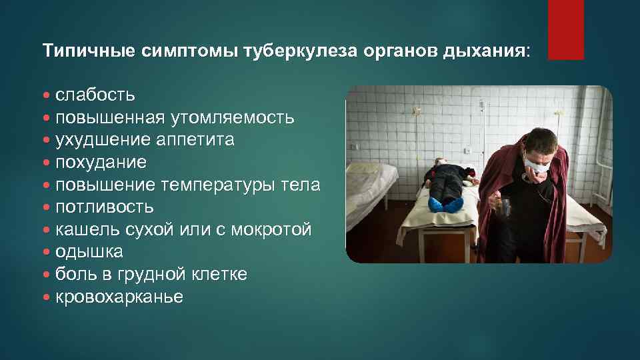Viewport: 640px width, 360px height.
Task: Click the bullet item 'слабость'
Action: pyautogui.click(x=95, y=95)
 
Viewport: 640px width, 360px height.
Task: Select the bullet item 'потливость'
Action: pyautogui.click(x=105, y=207)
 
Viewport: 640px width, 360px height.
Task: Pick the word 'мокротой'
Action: pyautogui.click(x=271, y=230)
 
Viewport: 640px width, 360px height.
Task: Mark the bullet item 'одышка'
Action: pyautogui.click(x=89, y=252)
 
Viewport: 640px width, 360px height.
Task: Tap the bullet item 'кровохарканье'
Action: pyautogui.click(x=119, y=297)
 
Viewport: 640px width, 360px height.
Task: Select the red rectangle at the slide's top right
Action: pyautogui.click(x=566, y=29)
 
